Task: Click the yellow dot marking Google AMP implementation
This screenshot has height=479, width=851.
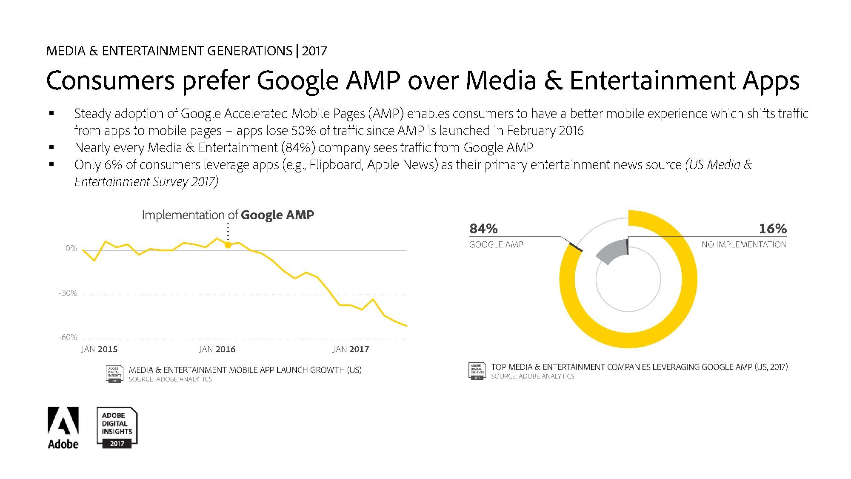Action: (228, 245)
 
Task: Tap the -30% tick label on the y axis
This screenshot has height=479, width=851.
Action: (68, 293)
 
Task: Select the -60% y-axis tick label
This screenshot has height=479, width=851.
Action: (68, 337)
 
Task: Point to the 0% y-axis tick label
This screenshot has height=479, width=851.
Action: (71, 248)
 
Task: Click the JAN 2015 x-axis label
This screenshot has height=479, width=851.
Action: (99, 349)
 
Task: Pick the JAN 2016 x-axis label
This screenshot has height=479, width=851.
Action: (217, 349)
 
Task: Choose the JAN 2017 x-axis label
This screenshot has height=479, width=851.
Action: (351, 349)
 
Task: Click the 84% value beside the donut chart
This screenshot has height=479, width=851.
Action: (483, 229)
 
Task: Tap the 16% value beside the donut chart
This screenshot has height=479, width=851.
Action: (773, 229)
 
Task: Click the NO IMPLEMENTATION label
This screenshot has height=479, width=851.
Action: (744, 244)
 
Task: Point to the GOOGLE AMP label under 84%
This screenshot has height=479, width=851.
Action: (496, 244)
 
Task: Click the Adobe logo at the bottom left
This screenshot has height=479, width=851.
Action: (63, 427)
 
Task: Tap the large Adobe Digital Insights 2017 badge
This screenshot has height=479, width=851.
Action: (117, 427)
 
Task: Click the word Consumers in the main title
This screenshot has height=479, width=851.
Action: (110, 80)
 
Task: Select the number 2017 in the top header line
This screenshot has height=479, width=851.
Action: (314, 51)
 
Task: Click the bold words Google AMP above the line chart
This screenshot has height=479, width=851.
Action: (277, 215)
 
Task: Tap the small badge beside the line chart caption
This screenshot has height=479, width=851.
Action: (114, 374)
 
